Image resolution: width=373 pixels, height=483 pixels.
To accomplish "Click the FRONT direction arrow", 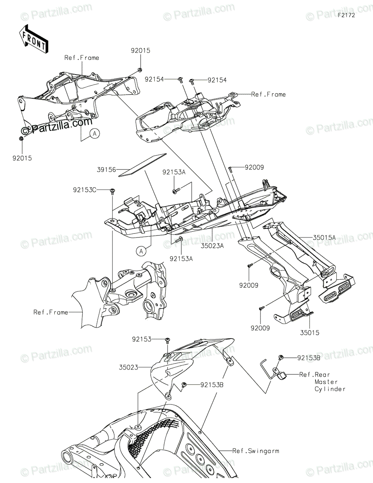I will (34, 39).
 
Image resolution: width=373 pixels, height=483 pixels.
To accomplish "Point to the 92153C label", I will (85, 189).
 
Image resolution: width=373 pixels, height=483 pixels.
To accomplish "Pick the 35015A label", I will (324, 237).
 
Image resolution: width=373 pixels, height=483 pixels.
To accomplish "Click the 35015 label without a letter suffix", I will (309, 333).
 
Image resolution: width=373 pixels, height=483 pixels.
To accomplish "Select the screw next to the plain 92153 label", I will (168, 340).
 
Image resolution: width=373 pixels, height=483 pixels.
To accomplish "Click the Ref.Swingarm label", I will (256, 451).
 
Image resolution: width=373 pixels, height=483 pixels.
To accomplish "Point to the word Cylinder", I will (330, 389).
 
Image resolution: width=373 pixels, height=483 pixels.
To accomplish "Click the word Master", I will (326, 382).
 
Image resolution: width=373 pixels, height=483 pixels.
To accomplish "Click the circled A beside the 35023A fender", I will (141, 251).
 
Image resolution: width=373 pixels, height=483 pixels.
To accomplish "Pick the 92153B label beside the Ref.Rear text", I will (309, 357).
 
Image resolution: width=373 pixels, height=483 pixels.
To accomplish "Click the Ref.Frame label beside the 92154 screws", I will (268, 94).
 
